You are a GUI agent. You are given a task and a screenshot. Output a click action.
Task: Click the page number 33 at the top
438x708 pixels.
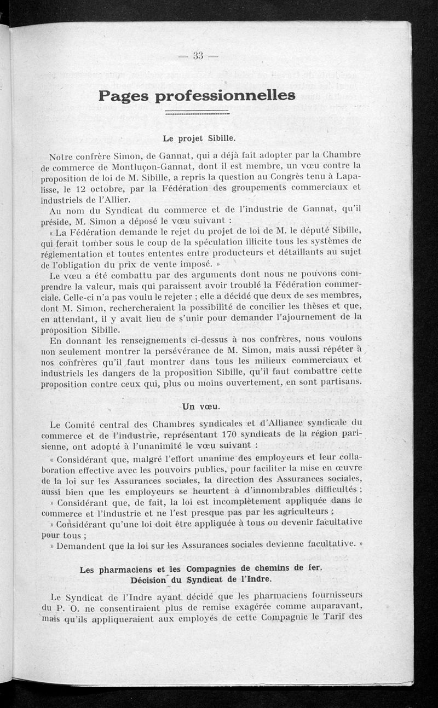[198, 55]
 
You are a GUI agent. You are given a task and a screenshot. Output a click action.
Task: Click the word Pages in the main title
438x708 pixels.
[125, 96]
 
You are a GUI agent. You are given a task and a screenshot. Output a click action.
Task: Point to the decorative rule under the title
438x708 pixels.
[197, 113]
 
